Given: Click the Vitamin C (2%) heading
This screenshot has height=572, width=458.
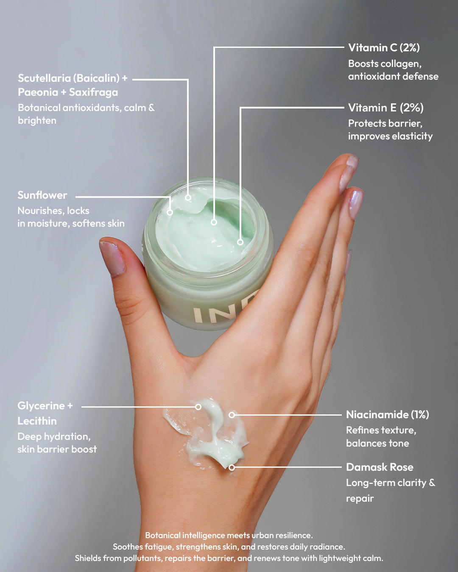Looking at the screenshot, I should (384, 47).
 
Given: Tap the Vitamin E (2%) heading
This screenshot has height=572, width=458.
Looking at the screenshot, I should (385, 108).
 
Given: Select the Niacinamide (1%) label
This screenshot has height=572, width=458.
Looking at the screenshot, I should (387, 414).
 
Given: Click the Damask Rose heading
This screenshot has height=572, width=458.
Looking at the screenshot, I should (380, 467).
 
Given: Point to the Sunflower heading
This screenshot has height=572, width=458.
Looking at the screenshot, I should (42, 195).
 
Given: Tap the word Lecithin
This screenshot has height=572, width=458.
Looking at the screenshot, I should (37, 421).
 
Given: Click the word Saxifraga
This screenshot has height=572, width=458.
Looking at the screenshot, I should (93, 92).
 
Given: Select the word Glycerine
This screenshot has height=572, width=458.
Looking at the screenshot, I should (41, 405).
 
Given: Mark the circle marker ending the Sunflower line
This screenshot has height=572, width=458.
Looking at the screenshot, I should (170, 212).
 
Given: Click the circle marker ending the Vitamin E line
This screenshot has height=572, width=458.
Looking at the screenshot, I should (240, 242).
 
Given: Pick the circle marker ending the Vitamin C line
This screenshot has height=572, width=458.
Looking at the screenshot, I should (214, 222).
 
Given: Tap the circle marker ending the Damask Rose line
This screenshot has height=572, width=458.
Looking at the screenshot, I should (232, 467).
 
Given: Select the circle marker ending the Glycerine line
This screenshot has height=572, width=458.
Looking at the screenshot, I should (198, 407).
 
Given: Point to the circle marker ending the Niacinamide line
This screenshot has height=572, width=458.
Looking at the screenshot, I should (232, 415).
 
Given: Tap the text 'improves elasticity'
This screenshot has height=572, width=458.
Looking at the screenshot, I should (390, 136).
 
